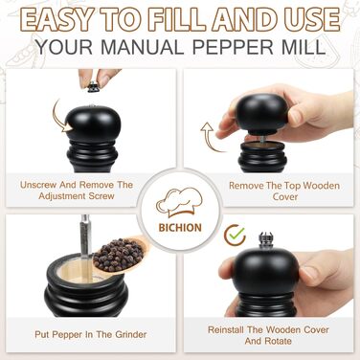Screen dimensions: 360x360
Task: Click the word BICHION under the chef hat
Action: click(x=180, y=228)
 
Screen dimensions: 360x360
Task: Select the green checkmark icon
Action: click(x=236, y=235)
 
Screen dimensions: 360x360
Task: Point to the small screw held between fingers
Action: click(x=93, y=86)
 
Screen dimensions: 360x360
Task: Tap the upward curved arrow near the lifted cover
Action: click(x=212, y=137)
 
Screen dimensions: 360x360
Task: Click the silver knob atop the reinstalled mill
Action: click(x=265, y=240)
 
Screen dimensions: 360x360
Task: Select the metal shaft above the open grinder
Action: click(x=85, y=236)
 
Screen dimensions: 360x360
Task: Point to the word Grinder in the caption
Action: click(x=131, y=334)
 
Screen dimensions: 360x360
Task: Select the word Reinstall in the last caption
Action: click(x=227, y=329)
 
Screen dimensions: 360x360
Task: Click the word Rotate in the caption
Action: click(x=277, y=341)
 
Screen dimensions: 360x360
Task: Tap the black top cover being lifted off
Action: click(x=261, y=113)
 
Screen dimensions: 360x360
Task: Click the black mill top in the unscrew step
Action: click(x=93, y=123)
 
